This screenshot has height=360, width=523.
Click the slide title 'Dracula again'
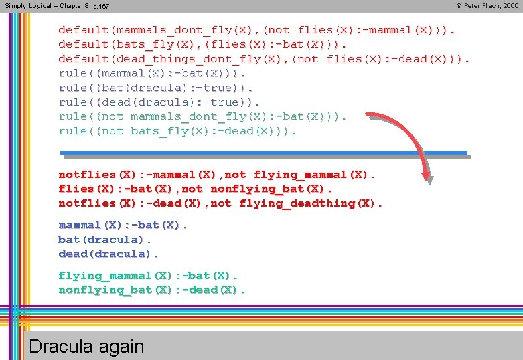click(x=86, y=346)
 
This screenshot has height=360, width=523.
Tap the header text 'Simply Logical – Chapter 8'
click(x=46, y=6)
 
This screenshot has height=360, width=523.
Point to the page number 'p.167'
click(x=101, y=6)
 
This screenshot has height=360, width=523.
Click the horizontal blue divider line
click(x=264, y=153)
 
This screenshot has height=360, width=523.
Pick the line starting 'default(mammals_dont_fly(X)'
click(x=256, y=30)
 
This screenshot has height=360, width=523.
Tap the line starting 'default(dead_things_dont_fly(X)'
click(x=264, y=59)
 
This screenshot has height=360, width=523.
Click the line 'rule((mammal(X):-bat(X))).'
click(x=152, y=73)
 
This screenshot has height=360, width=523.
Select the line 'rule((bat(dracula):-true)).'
click(x=156, y=88)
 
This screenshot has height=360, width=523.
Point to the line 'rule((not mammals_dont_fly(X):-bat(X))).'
click(x=202, y=116)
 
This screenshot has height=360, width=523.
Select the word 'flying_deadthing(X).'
click(x=311, y=203)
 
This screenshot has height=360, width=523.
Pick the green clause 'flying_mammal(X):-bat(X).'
click(x=148, y=276)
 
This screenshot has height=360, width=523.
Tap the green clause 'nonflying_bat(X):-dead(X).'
click(x=152, y=290)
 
